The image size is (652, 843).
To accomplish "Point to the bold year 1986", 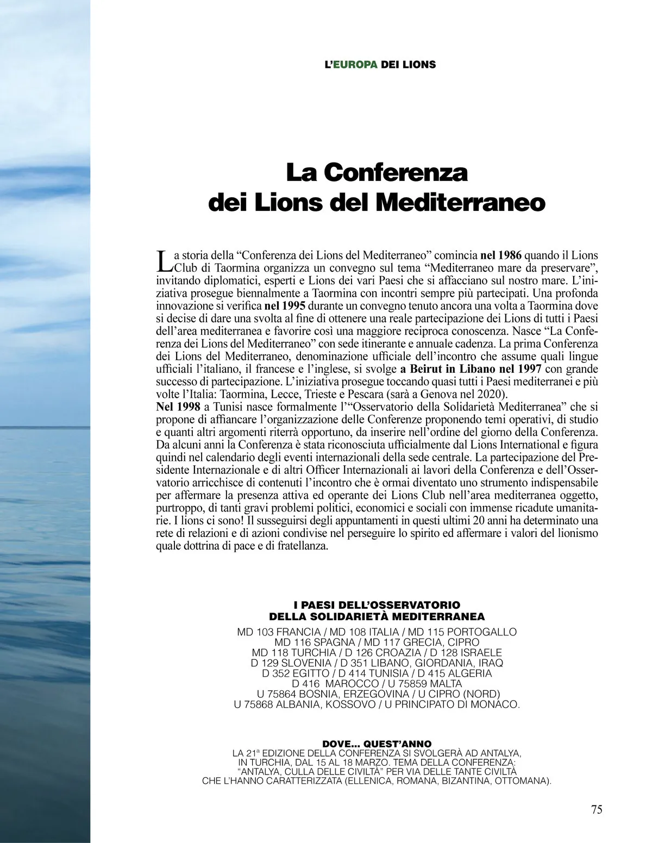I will [510, 255].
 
